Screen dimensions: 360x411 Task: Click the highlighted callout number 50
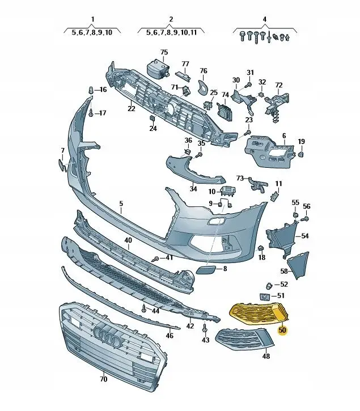click(x=282, y=330)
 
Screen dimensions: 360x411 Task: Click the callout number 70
click(x=104, y=379)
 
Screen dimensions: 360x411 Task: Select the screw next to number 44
click(x=144, y=309)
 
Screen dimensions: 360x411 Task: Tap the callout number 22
click(x=131, y=108)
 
